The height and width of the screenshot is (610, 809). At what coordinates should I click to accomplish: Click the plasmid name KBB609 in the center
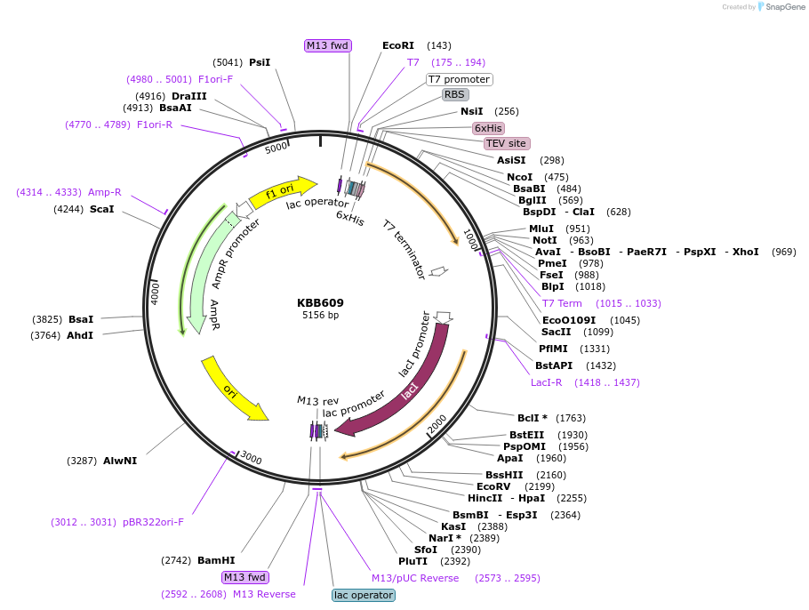(x=320, y=302)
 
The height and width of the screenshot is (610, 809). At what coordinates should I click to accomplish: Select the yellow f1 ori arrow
(x=283, y=192)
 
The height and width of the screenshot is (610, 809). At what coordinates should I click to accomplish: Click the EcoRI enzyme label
(x=398, y=45)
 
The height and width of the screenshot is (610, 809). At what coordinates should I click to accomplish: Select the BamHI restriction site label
(x=216, y=560)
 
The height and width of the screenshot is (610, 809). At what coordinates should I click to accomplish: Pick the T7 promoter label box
(x=459, y=79)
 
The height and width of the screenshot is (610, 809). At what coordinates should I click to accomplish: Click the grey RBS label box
(x=455, y=94)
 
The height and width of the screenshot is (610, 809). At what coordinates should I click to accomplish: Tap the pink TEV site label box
(x=507, y=143)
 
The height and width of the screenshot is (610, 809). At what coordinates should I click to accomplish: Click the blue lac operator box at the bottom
(x=363, y=595)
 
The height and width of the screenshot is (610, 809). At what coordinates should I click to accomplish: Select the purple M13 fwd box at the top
(x=327, y=45)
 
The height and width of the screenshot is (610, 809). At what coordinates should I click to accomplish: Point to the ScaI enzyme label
(x=101, y=209)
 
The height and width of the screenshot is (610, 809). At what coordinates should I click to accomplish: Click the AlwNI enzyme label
(x=120, y=461)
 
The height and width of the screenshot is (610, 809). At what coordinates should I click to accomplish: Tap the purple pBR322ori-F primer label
(x=153, y=522)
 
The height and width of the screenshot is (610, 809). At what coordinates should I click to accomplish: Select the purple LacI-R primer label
(x=547, y=382)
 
